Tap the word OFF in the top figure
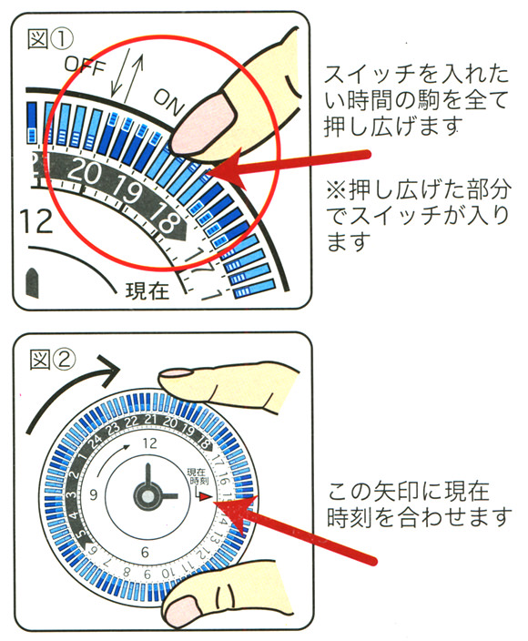(x=84, y=66)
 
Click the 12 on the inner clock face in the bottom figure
(x=150, y=444)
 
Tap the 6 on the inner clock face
(x=146, y=552)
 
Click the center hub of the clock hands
(x=147, y=496)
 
